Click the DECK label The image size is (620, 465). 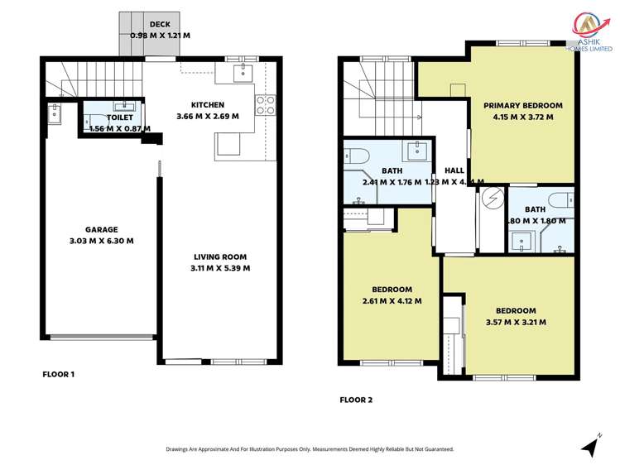[161, 24]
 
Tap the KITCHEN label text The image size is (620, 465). [207, 105]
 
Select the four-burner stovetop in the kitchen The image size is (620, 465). [266, 104]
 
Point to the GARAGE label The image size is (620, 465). [102, 230]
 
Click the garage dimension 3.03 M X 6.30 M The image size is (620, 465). [102, 241]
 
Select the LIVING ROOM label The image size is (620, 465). [220, 256]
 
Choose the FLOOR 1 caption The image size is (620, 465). [59, 374]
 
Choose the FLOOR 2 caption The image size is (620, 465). [356, 400]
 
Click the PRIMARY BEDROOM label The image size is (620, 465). [523, 105]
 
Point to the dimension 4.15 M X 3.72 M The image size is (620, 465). [523, 117]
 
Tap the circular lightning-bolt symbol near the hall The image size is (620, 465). [492, 199]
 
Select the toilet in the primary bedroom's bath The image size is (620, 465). [559, 199]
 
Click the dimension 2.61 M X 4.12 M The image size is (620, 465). [392, 301]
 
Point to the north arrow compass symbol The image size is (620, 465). [590, 447]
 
